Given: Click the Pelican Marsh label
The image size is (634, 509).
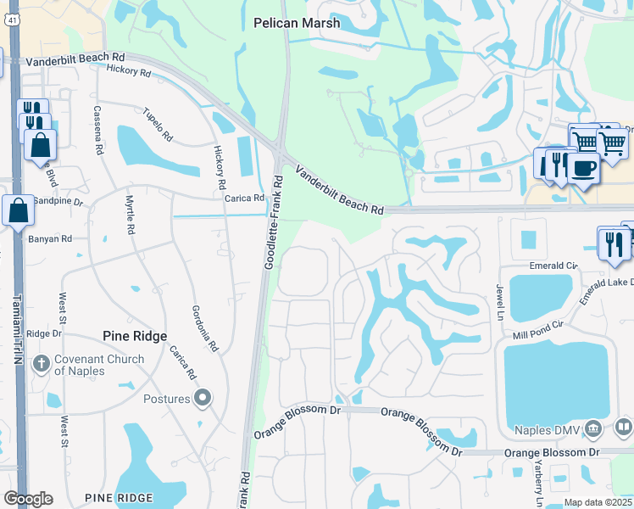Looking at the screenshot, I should point(297,24).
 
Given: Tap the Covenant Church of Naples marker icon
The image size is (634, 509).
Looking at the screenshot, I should point(40,365).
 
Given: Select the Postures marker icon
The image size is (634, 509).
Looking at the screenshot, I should point(203,398).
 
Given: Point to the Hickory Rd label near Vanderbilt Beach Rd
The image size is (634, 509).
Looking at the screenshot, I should point(129,73).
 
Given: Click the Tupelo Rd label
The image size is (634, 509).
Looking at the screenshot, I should point(158,125).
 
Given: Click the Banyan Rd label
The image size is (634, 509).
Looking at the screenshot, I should point(50,238).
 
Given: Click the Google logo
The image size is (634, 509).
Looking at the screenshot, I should point(28,499).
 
